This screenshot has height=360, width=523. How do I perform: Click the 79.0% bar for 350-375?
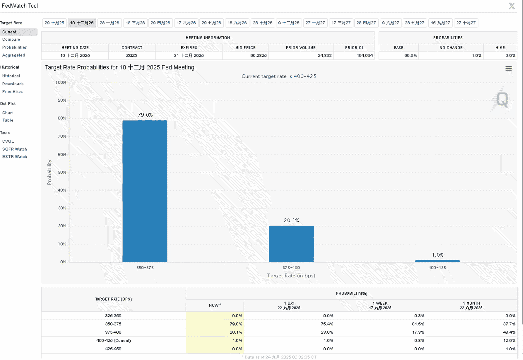tap(145, 191)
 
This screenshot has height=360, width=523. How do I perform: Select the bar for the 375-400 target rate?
tap(291, 244)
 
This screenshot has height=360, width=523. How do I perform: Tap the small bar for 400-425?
tap(437, 261)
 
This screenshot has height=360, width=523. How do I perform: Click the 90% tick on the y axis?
tap(62, 100)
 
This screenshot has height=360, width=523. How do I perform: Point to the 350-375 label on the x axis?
tap(145, 268)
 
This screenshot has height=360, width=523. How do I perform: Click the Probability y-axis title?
tap(49, 172)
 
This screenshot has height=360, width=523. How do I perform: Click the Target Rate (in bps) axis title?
tap(291, 276)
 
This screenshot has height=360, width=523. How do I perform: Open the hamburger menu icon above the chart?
tap(508, 68)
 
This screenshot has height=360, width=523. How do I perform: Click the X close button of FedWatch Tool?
tap(512, 6)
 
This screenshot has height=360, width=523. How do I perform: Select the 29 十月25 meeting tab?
tap(54, 23)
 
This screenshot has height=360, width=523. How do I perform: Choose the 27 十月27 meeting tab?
tap(466, 23)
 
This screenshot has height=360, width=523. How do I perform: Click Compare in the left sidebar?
tap(11, 39)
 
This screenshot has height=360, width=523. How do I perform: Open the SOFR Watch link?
tap(15, 149)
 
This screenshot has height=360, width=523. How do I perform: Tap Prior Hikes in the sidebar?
tap(12, 92)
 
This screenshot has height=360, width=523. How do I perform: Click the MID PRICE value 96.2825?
tap(259, 55)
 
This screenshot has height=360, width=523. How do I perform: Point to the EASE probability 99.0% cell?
tap(411, 55)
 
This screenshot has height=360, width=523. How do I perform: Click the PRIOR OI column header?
tap(354, 48)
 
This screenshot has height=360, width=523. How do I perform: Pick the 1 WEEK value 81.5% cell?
tap(418, 324)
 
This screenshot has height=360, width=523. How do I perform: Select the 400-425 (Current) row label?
tap(113, 340)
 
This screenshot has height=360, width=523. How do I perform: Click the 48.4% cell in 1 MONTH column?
tap(509, 332)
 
